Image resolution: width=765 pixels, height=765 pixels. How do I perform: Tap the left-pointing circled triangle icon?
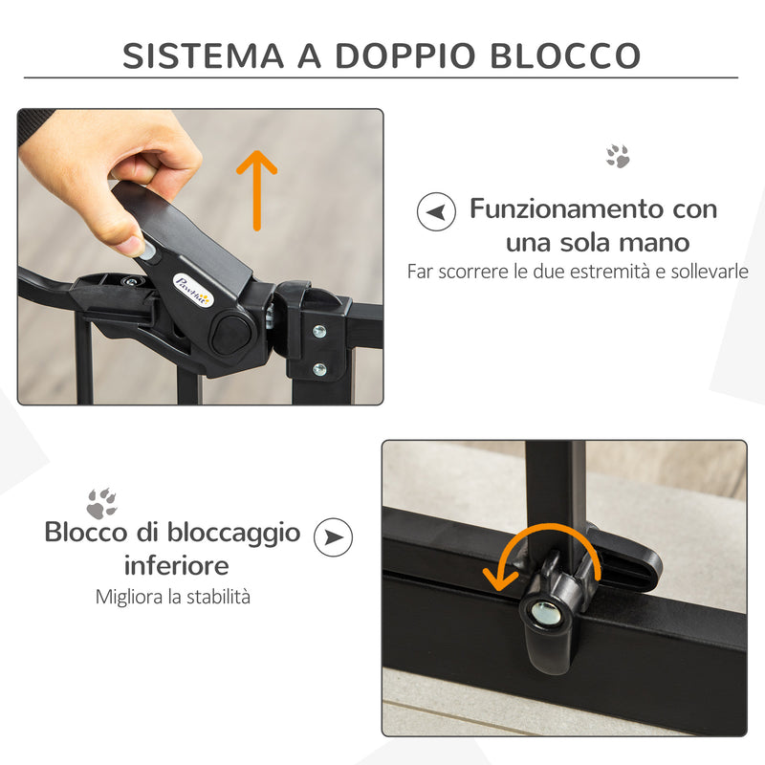(436, 211)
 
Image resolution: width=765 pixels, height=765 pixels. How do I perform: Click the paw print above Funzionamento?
(618, 157)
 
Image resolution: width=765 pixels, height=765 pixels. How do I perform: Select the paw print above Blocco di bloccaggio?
(101, 503)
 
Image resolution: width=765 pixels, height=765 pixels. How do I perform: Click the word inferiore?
(176, 564)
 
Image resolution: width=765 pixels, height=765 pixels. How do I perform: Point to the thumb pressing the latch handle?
(124, 232)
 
